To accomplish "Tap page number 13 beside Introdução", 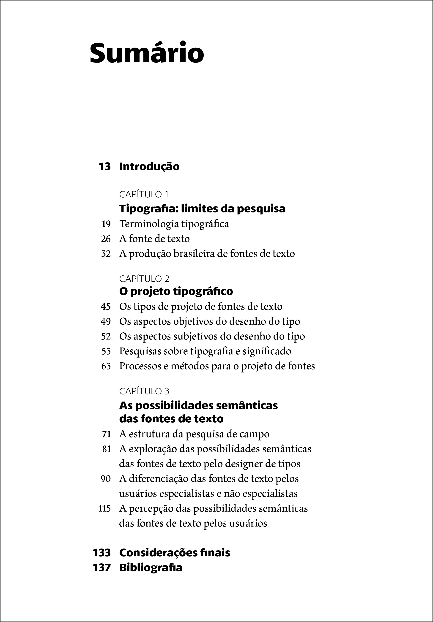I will point(105,166).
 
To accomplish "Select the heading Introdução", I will point(149,166).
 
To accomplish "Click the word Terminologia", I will point(149,224).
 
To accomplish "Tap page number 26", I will point(106,239).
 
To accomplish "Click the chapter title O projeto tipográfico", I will point(176,291).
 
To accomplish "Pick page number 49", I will point(106,322).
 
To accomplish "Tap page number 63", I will point(106,366).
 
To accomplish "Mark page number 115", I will point(104,509).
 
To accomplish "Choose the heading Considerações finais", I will point(174,553).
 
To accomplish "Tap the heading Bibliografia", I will point(151,568).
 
